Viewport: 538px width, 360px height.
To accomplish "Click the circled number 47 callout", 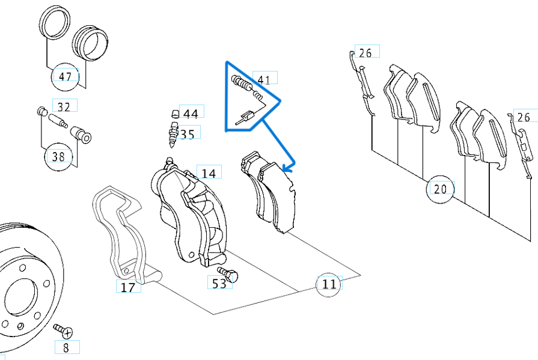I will [x=65, y=76].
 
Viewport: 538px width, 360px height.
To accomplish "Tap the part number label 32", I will [x=64, y=107].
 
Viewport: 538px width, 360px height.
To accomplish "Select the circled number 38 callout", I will [x=58, y=157].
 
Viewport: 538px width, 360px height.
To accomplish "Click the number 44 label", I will [x=191, y=114].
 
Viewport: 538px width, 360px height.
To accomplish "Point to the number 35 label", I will [x=188, y=134].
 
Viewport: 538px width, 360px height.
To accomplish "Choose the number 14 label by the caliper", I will [x=208, y=174].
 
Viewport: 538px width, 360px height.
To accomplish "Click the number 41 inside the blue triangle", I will [x=263, y=79].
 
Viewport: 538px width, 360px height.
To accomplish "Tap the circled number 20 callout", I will [x=440, y=189].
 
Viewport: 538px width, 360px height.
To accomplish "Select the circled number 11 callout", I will [x=329, y=284].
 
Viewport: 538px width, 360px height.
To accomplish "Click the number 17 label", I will [x=127, y=287].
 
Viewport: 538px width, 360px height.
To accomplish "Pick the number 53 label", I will [x=219, y=283].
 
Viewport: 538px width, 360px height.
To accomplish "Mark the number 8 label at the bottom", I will [x=66, y=347].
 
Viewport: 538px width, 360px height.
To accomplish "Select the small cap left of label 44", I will [x=175, y=113].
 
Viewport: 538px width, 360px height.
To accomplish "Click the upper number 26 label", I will [x=365, y=53].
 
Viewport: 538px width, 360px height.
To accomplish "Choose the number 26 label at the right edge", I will [x=524, y=117].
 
